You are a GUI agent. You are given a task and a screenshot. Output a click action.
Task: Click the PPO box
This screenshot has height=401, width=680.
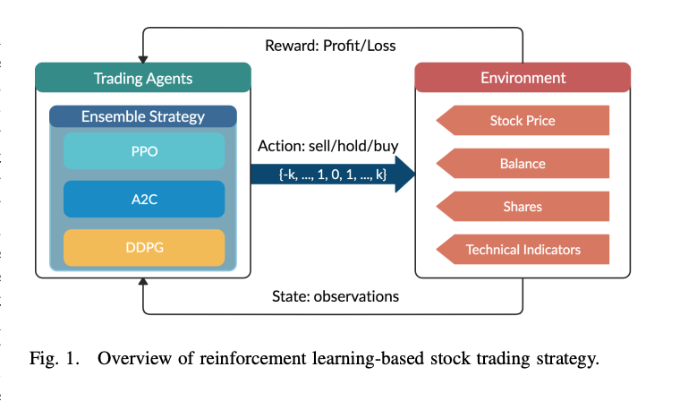(x=144, y=151)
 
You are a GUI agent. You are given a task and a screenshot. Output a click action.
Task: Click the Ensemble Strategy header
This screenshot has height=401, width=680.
(x=143, y=116)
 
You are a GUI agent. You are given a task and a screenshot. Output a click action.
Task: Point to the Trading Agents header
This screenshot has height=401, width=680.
(x=143, y=78)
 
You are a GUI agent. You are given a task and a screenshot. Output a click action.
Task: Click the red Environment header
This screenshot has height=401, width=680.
(x=523, y=78)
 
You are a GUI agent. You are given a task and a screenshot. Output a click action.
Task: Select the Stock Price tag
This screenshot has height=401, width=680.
(x=523, y=121)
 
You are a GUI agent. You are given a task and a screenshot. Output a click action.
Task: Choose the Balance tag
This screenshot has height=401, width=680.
(x=523, y=164)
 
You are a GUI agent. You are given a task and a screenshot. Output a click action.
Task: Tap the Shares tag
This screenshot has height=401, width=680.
(x=523, y=207)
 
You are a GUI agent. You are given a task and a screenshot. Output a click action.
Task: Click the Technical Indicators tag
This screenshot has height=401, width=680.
(x=523, y=250)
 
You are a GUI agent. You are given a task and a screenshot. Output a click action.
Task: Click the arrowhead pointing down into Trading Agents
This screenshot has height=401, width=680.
(x=143, y=57)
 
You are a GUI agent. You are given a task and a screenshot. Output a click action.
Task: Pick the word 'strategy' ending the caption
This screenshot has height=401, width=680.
(x=566, y=360)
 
